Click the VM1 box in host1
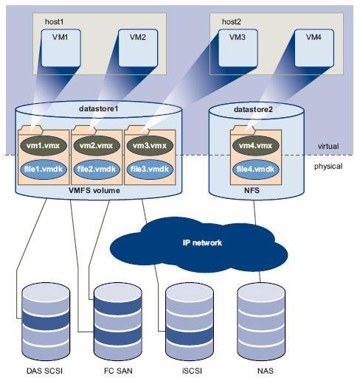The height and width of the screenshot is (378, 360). click(x=61, y=48)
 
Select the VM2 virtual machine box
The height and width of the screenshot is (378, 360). click(x=138, y=48)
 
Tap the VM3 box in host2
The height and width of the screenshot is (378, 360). click(x=238, y=48)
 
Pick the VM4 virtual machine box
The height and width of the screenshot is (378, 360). click(x=314, y=48)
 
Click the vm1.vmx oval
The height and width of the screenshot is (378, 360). click(x=44, y=145)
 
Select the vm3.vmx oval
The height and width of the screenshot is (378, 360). click(x=150, y=145)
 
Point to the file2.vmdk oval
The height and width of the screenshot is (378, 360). click(x=97, y=169)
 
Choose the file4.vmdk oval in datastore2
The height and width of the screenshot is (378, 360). click(x=256, y=169)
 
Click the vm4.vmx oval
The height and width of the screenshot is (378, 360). click(x=256, y=145)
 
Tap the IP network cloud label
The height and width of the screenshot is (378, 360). click(x=202, y=242)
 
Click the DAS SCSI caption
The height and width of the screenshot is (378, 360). click(x=44, y=371)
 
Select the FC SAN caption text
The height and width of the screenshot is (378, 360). click(x=118, y=371)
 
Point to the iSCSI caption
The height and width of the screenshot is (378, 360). click(x=192, y=371)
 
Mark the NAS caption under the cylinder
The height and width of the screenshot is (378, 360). click(x=266, y=371)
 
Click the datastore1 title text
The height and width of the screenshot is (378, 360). click(x=99, y=108)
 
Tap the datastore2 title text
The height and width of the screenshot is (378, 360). click(x=253, y=109)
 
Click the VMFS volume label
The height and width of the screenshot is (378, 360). click(x=94, y=190)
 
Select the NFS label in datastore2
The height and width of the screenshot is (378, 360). click(x=252, y=190)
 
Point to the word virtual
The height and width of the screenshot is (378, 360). click(x=328, y=146)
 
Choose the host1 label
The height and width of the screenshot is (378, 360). click(x=55, y=21)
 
